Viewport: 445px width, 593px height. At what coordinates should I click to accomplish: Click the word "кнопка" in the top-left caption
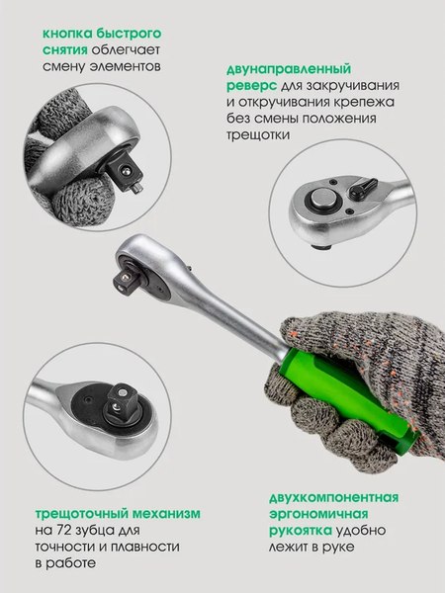[x=66, y=32]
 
